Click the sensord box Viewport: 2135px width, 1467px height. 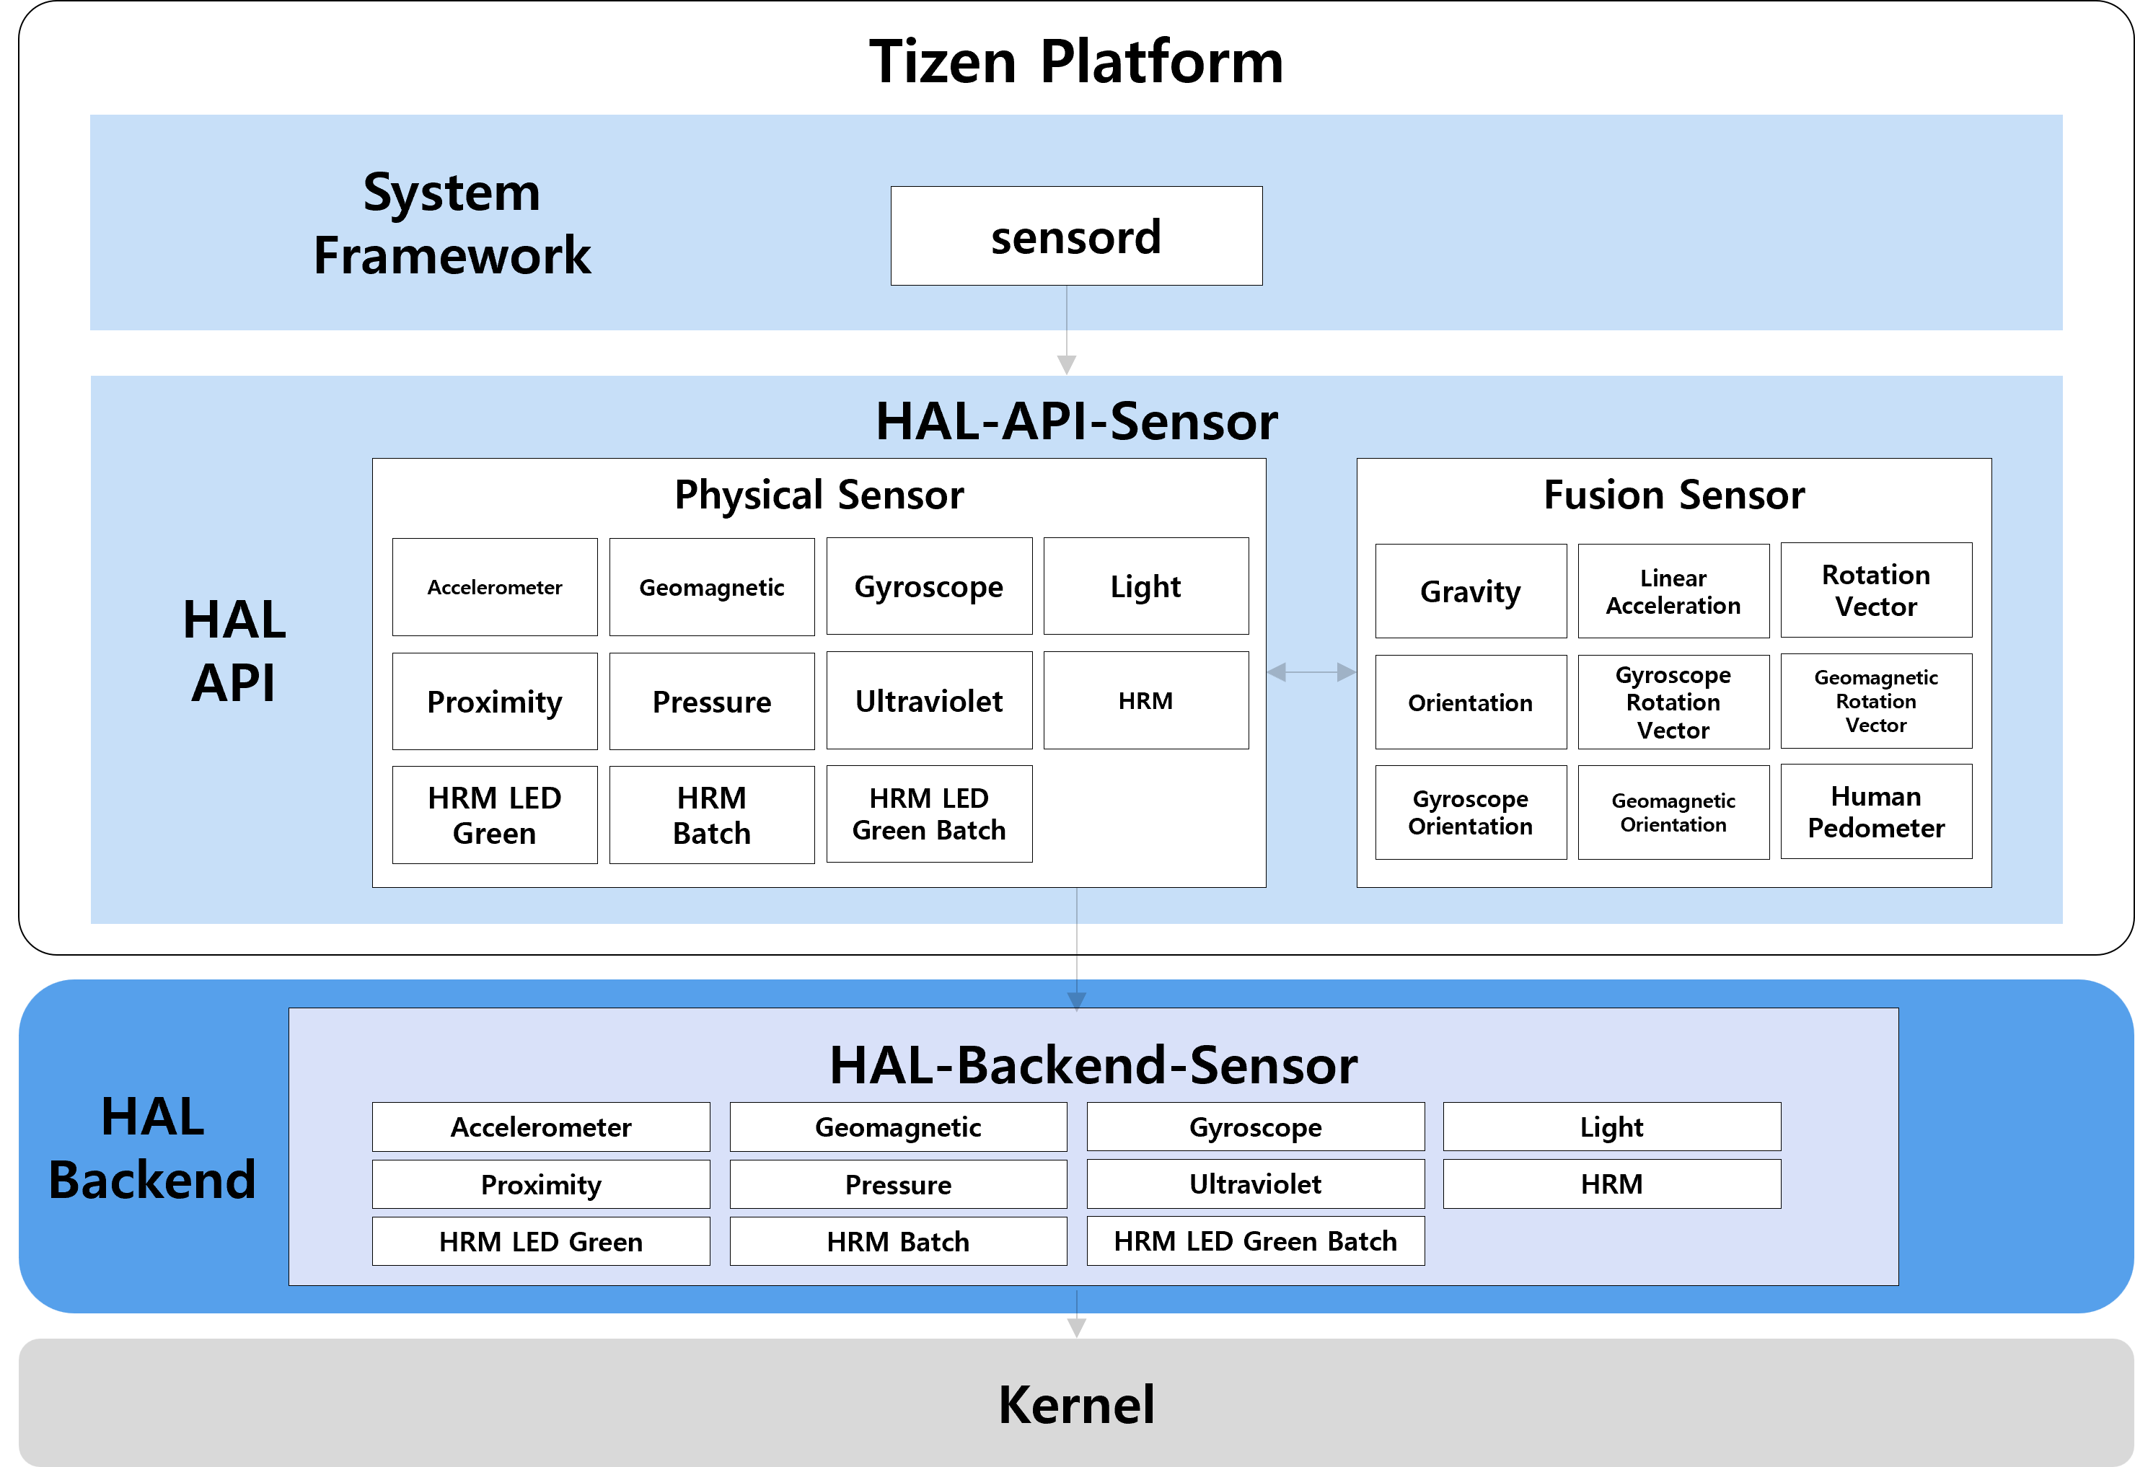pos(1075,237)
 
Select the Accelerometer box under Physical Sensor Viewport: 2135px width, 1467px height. pos(495,587)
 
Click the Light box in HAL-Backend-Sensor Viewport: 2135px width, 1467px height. pos(1611,1127)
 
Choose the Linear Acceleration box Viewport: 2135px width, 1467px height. pos(1673,591)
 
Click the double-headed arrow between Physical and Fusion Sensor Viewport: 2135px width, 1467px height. pos(1311,673)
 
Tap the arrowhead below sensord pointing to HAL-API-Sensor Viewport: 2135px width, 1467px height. pos(1066,364)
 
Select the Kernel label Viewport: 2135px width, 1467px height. pos(1075,1404)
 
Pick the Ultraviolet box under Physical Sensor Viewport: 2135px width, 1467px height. pos(928,701)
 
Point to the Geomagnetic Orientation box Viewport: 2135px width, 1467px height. pos(1673,813)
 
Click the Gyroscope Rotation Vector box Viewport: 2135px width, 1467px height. pos(1673,702)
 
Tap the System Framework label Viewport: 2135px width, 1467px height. pos(452,224)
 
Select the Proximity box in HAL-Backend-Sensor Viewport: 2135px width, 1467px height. pos(540,1184)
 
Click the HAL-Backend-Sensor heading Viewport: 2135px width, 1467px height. pos(1093,1065)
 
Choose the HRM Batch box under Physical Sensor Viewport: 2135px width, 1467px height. pos(711,814)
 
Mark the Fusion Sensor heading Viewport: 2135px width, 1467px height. pos(1673,495)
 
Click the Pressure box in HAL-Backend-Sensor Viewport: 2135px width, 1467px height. pos(898,1184)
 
